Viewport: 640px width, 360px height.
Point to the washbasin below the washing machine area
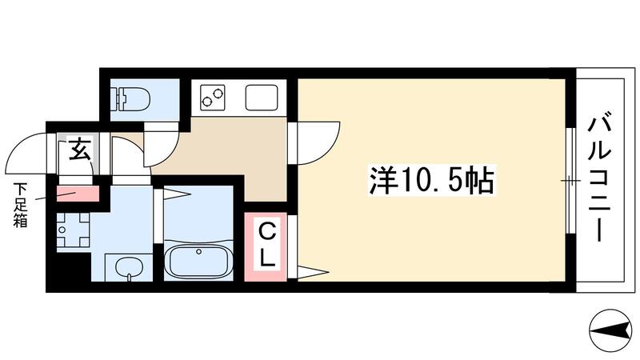click(124, 267)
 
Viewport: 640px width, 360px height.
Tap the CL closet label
click(266, 245)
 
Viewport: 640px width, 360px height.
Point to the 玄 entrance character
click(78, 149)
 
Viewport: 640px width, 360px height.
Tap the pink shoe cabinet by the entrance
click(78, 194)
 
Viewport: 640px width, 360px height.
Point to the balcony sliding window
click(570, 181)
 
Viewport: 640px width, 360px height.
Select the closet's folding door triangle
click(310, 270)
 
